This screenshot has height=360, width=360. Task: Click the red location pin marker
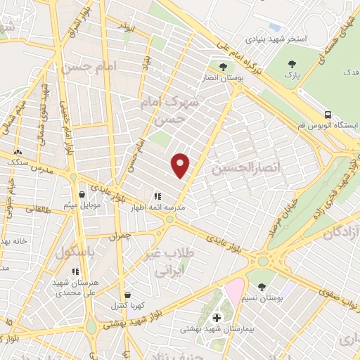pos(181,165)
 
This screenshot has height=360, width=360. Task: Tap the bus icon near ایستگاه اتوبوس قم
pos(328,114)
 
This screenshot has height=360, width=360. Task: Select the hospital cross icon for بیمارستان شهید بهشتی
pos(217,318)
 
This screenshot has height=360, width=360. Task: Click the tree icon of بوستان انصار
pos(223,67)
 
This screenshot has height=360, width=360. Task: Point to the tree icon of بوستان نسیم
pos(262,287)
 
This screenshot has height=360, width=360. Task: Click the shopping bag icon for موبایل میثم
pos(82,194)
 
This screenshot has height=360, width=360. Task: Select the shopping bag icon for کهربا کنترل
pos(127,295)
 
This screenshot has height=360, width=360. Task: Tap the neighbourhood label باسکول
pos(79,251)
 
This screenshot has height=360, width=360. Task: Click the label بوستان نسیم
pos(262,298)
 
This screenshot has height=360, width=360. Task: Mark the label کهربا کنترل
pos(127,306)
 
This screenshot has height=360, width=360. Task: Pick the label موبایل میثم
pos(80,205)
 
